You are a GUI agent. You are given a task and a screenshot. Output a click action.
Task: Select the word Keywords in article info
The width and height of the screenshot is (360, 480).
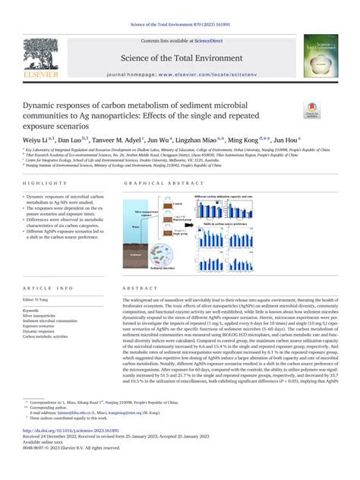33,311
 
